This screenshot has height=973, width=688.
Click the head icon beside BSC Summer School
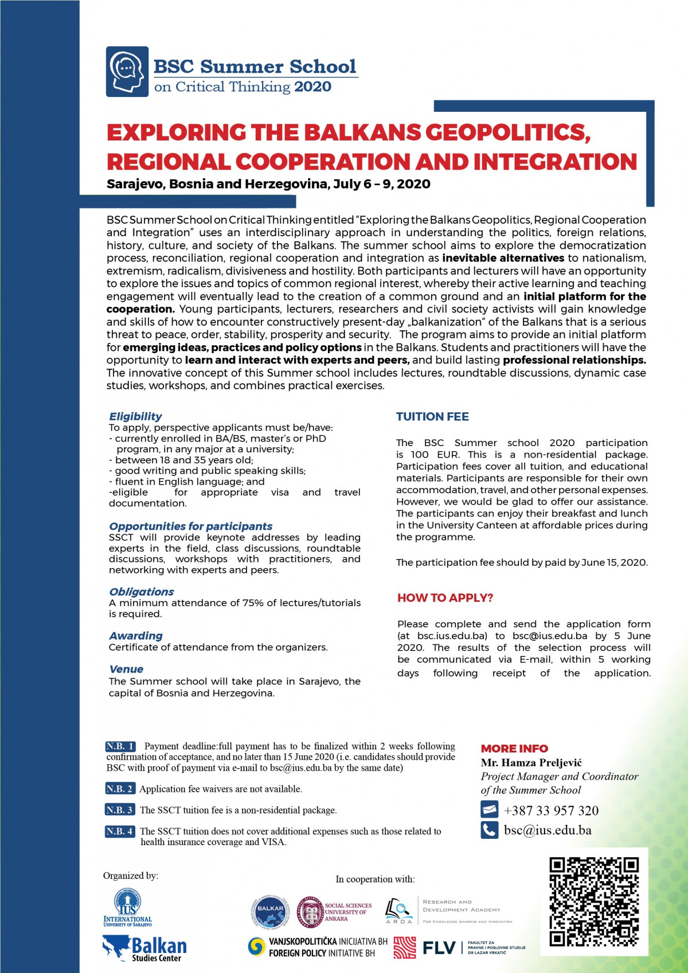coord(127,72)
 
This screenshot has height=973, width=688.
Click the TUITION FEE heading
coord(432,417)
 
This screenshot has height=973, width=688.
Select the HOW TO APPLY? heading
coord(445,598)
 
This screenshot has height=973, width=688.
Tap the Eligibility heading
coord(135,416)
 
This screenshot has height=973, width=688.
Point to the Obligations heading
coord(141,592)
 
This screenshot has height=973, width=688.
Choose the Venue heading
coord(126,669)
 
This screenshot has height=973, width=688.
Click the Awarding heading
coord(136,636)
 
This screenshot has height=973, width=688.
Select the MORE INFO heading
coord(514,748)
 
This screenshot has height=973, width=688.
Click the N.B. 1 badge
coord(120,746)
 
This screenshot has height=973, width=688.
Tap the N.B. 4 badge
coord(120,831)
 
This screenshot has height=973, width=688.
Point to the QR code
coord(593,902)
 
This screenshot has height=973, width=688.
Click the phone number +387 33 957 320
coord(551,810)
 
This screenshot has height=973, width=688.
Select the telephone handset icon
coord(489,830)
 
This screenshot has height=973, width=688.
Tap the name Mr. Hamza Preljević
coord(531,763)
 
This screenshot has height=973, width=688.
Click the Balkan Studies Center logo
coord(144,949)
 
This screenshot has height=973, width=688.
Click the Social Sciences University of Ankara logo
coord(334,912)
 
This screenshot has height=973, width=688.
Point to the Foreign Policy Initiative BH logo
coord(318,947)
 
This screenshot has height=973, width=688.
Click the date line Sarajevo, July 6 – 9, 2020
coord(268,184)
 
